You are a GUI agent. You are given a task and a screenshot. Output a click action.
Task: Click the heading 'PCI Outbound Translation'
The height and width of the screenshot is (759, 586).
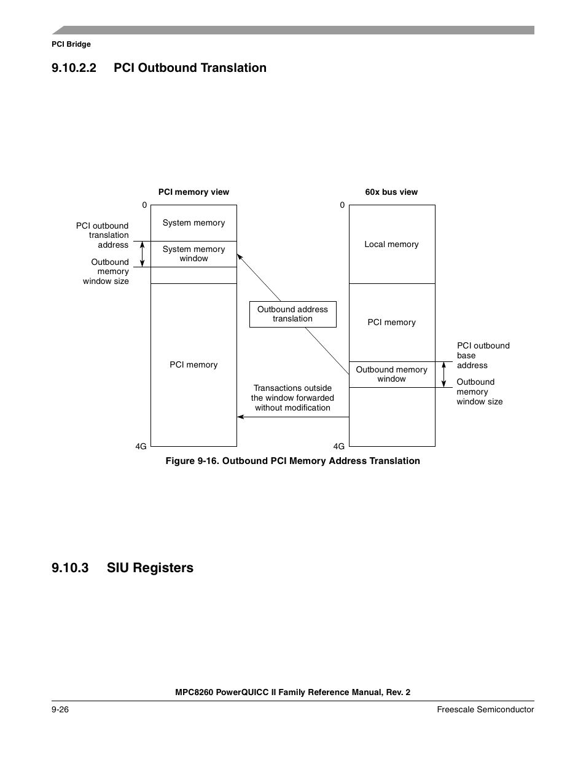tap(189, 68)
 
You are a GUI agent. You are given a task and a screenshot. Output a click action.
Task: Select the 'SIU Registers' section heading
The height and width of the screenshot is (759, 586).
tap(149, 568)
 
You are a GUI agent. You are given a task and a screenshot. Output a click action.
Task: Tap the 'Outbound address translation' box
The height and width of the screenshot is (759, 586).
tap(292, 314)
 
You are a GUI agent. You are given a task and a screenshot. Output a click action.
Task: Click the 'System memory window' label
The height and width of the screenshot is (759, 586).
tap(193, 254)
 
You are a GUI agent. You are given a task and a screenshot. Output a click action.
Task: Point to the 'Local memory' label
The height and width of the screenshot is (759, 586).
tap(391, 244)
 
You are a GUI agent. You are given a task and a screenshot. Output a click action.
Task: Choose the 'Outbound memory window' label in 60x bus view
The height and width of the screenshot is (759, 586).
tap(391, 374)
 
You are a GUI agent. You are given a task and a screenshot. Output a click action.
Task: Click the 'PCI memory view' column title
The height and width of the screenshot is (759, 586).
tap(193, 192)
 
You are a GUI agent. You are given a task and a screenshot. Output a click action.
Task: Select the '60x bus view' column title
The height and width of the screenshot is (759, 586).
tap(391, 192)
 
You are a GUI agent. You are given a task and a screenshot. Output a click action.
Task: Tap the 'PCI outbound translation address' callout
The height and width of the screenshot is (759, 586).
tap(103, 235)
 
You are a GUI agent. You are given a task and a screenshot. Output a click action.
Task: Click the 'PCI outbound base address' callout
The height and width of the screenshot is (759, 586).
tap(483, 355)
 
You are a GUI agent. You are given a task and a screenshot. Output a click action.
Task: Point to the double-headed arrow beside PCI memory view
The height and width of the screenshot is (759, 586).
tap(142, 254)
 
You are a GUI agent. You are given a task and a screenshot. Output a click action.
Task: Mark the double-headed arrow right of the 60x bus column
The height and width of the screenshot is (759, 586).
tap(443, 374)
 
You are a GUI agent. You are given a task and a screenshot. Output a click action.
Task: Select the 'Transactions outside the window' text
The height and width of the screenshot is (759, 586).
tap(292, 398)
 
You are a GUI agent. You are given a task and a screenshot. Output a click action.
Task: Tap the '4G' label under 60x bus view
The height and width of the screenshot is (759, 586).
tap(339, 446)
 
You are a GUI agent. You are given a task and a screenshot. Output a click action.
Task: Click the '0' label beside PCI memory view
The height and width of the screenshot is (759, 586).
tap(144, 205)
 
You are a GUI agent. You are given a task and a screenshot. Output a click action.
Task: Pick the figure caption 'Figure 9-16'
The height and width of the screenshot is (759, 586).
tap(292, 461)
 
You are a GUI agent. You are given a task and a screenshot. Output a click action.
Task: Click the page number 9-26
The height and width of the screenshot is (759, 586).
tap(60, 709)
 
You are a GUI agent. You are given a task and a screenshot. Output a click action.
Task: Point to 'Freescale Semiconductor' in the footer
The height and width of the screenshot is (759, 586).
tap(485, 709)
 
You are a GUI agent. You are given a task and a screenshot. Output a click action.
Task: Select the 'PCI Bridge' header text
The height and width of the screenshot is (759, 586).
tap(71, 44)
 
